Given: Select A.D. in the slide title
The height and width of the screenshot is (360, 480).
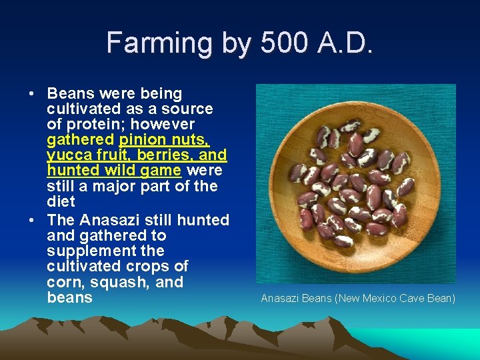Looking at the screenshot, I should click(x=349, y=43).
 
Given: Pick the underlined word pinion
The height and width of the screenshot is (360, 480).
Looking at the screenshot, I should click(x=142, y=140).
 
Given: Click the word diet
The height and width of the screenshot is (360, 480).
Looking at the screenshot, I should click(x=61, y=201).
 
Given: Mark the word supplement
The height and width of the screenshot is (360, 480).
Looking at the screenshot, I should click(x=87, y=251).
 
